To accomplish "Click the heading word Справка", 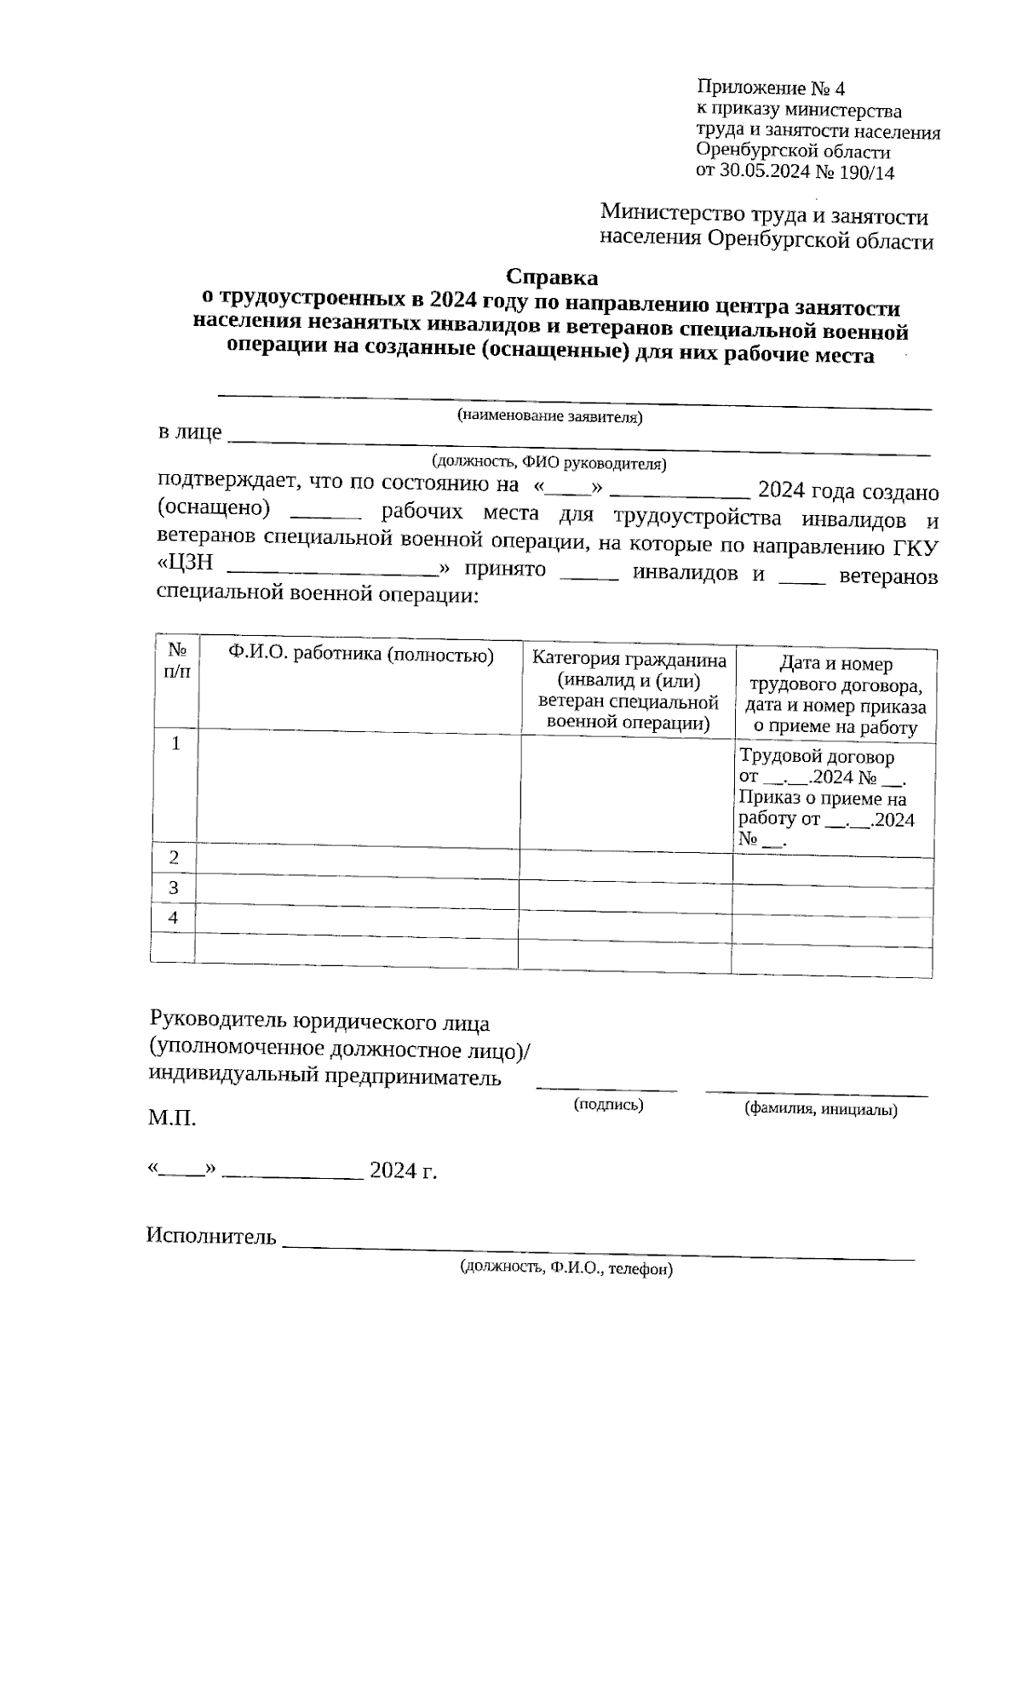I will [x=552, y=277].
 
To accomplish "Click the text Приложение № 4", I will [x=770, y=89].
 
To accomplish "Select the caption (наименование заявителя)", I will [x=549, y=416].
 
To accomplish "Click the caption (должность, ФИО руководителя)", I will [x=549, y=463].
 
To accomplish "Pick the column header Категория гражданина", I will [x=629, y=660].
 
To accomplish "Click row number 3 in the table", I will [x=174, y=888].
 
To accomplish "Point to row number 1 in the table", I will [x=176, y=744].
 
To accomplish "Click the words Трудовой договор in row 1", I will [x=816, y=757].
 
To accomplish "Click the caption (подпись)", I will [x=608, y=1105].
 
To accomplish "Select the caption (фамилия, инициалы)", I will [x=820, y=1109].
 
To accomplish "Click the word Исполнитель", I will [x=211, y=1236].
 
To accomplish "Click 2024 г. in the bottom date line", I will [x=403, y=1170].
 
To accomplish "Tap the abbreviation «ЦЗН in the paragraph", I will [x=186, y=565].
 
